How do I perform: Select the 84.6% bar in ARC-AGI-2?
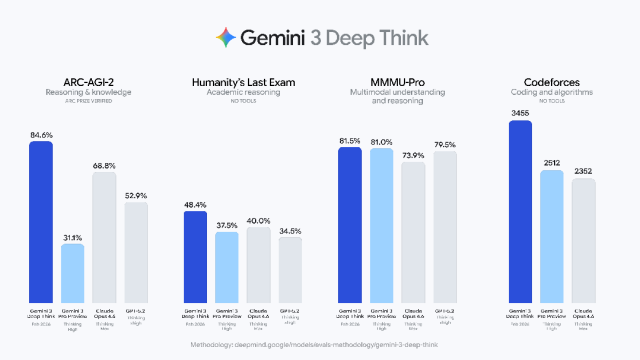point(40,222)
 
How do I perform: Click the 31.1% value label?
point(72,237)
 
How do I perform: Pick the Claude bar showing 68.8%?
point(104,238)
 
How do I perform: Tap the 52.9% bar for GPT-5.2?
point(136,253)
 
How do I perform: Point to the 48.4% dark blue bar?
point(195,257)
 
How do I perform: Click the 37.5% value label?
point(227,225)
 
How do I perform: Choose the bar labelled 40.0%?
point(259,265)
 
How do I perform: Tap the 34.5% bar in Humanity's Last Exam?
point(290,270)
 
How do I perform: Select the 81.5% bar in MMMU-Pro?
point(350,225)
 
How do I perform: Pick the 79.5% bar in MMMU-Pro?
point(445,227)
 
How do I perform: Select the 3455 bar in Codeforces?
point(520,211)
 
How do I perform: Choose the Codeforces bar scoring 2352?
point(583,240)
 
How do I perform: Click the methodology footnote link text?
point(319,344)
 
